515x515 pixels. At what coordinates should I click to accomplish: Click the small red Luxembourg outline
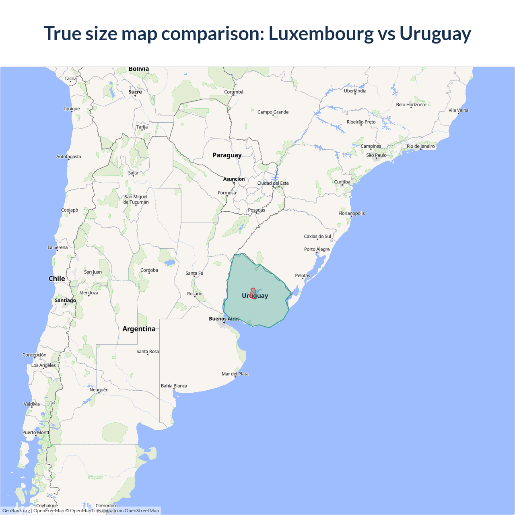coord(253,293)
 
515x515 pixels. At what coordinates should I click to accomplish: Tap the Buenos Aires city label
coord(224,319)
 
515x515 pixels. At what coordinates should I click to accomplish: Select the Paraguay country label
coord(227,155)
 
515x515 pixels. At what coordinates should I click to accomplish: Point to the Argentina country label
coord(139,329)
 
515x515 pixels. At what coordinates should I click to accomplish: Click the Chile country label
coord(57,278)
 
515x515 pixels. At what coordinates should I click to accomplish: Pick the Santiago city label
coord(65,300)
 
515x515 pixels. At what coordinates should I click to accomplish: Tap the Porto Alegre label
coord(317,249)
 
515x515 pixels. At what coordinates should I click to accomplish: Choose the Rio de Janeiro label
coord(420,146)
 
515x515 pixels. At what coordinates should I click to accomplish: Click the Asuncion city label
coord(234,179)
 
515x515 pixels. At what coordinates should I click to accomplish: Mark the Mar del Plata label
coord(235,374)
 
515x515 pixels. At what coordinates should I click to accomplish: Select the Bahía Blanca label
coord(174,385)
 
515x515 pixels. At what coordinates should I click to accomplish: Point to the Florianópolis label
coord(351,213)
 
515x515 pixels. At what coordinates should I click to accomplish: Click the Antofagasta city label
coord(68,157)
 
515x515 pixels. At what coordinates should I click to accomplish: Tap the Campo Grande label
coord(273,112)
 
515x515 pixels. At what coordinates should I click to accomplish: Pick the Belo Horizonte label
coord(411,105)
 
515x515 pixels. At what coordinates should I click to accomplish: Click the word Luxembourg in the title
coord(321,33)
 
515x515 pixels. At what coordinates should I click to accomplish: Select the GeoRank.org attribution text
coord(16,511)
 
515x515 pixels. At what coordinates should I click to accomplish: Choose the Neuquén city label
coord(99,389)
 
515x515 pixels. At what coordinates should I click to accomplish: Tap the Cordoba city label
coord(149,270)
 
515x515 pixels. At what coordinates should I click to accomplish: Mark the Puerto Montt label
coord(36,432)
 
